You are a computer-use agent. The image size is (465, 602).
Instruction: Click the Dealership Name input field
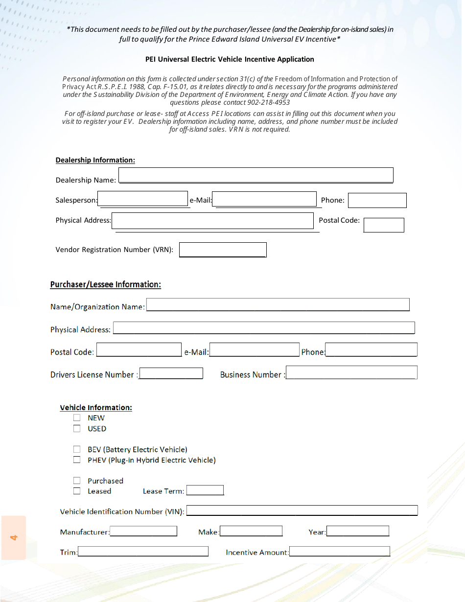pos(256,175)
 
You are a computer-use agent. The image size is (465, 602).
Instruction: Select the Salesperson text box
pos(143,199)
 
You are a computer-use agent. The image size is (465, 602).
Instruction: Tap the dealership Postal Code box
pos(384,225)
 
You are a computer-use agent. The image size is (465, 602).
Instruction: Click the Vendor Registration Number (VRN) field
pos(223,250)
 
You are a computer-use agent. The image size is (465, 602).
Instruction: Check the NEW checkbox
pos(77,418)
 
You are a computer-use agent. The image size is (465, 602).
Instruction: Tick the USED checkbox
pos(77,429)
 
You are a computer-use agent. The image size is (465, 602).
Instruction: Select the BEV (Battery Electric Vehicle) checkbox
pos(77,449)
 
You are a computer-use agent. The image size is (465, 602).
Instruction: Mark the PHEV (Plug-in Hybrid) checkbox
pos(77,460)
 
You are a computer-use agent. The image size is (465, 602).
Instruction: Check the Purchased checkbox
pos(77,481)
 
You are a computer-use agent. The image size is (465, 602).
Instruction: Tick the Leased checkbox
pos(77,491)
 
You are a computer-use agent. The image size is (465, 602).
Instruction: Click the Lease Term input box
pos(205,490)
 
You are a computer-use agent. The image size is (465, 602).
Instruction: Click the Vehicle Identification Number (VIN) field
pos(302,510)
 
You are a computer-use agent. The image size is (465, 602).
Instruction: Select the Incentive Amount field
pos(340,552)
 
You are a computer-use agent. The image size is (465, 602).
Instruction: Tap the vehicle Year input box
pos(358,531)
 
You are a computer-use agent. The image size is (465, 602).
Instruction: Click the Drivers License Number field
pos(171,373)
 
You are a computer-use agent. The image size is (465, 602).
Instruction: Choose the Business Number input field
pos(351,372)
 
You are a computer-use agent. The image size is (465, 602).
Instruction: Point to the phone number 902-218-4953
pos(268,103)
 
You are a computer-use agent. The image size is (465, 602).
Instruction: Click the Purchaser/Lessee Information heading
pos(106,285)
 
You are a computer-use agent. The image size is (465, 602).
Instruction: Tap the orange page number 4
pos(14,537)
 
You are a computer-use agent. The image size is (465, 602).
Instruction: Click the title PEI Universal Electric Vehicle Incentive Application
pos(230,59)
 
